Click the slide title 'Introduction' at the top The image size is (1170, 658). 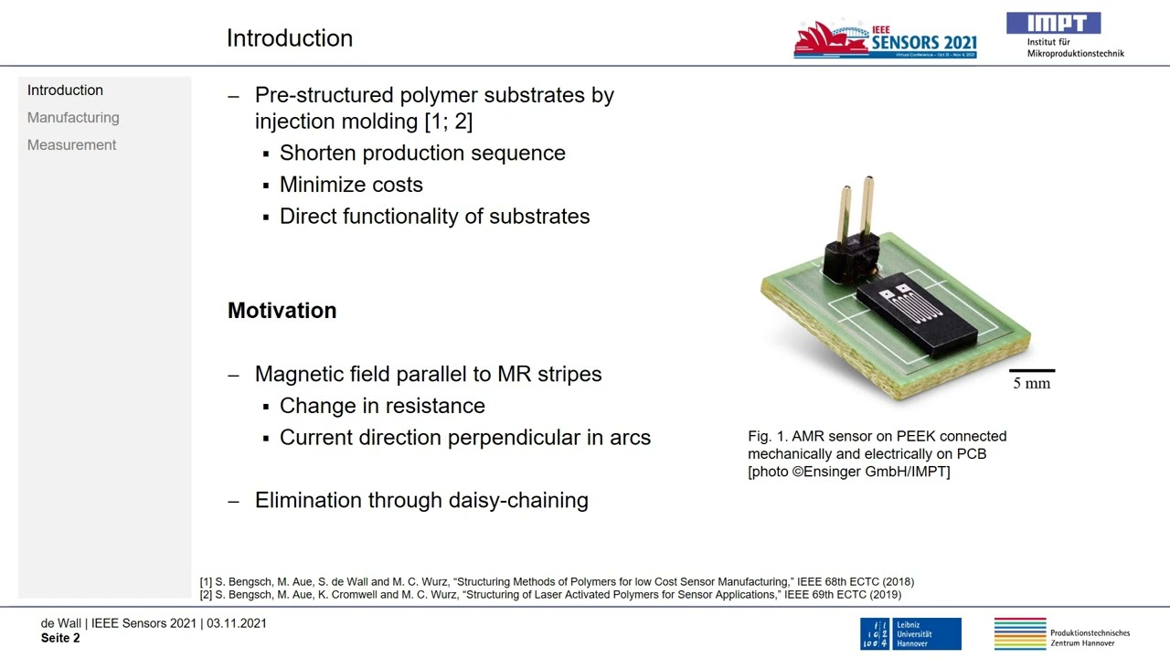pyautogui.click(x=289, y=38)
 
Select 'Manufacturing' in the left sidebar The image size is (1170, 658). pyautogui.click(x=73, y=118)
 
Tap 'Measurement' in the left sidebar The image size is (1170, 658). pyautogui.click(x=71, y=145)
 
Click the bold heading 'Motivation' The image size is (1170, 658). pyautogui.click(x=282, y=311)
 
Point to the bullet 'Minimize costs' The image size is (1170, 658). pyautogui.click(x=351, y=185)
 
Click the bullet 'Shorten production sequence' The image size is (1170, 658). pyautogui.click(x=422, y=154)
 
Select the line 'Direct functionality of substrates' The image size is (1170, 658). pyautogui.click(x=434, y=217)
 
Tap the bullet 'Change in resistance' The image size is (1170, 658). pyautogui.click(x=382, y=406)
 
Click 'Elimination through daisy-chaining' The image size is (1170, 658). pyautogui.click(x=421, y=501)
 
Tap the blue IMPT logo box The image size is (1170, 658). pyautogui.click(x=1053, y=24)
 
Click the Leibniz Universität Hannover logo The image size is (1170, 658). pyautogui.click(x=909, y=633)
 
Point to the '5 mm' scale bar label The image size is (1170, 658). pyautogui.click(x=1031, y=384)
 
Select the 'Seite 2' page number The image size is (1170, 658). pyautogui.click(x=60, y=638)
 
